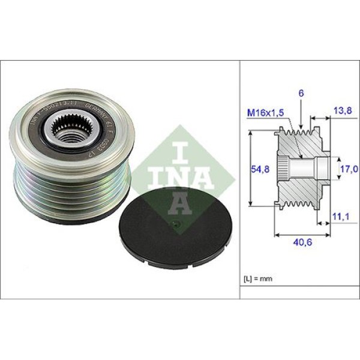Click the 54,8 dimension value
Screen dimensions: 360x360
[259, 170]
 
